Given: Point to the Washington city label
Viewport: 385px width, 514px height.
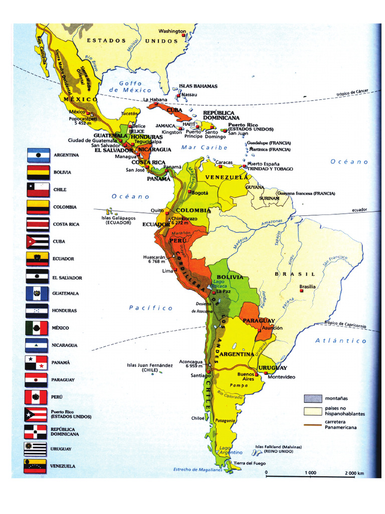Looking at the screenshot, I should click(x=172, y=31).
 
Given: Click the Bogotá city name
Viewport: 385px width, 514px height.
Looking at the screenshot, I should click(x=200, y=193).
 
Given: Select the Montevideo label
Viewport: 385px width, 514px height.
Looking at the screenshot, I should click(x=281, y=377).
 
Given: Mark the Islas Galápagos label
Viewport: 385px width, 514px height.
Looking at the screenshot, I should click(x=118, y=220).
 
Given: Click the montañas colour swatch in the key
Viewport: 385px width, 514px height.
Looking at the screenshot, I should click(x=311, y=399).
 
